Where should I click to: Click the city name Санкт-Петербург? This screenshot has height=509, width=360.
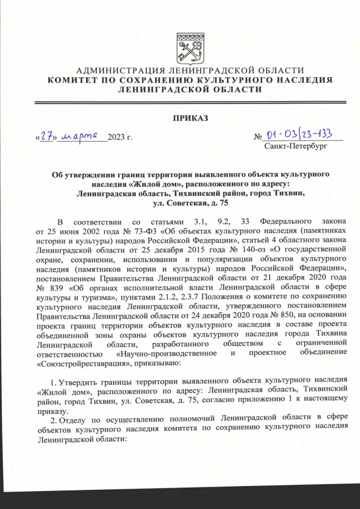point(295,147)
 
